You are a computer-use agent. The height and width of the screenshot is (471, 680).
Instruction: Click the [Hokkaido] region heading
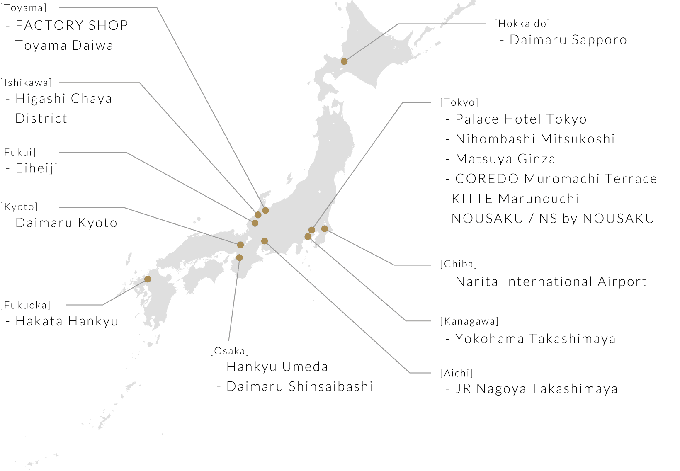[522, 24]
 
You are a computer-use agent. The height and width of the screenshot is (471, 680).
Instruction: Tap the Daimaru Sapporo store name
[568, 40]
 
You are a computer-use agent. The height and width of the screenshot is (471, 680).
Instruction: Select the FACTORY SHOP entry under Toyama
[71, 25]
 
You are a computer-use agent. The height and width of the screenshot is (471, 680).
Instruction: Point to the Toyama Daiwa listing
[64, 45]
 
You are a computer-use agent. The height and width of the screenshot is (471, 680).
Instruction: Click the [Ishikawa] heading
[26, 83]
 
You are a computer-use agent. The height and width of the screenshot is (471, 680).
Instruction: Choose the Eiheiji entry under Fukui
[36, 168]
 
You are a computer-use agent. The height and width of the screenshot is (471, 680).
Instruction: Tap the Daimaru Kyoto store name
[66, 223]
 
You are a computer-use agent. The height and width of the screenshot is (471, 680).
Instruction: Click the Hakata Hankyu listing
[67, 321]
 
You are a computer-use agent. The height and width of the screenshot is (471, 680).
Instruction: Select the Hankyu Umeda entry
[277, 367]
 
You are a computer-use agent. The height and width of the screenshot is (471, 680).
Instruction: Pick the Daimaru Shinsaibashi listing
[299, 386]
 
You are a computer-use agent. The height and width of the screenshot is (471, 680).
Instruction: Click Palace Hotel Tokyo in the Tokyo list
[521, 119]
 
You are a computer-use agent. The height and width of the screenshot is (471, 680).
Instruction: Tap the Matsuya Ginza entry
[505, 159]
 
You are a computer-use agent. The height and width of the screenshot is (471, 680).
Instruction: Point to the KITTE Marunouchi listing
[515, 199]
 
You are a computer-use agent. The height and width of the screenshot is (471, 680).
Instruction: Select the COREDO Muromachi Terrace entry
[556, 179]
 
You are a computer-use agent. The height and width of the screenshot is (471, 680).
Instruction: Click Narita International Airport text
[551, 282]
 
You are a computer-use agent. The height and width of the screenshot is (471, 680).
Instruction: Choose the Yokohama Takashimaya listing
[535, 339]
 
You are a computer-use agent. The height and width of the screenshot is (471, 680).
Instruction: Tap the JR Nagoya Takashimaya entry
[537, 388]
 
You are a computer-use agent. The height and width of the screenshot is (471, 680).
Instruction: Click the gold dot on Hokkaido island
[344, 61]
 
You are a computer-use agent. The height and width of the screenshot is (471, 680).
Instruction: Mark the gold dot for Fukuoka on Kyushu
[148, 279]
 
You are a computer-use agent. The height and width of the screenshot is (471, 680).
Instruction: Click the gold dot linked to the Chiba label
[325, 228]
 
